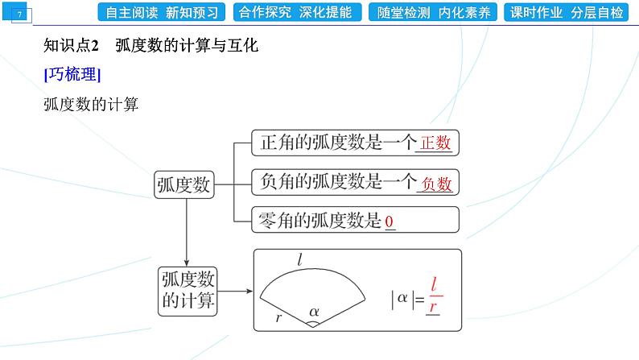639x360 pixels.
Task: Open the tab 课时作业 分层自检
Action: [567, 12]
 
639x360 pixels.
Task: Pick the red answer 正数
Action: [435, 144]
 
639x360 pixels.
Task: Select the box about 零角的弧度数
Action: [354, 221]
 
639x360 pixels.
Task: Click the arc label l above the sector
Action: [299, 259]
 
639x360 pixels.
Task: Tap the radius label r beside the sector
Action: [278, 317]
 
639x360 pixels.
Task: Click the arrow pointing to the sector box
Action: [234, 292]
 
